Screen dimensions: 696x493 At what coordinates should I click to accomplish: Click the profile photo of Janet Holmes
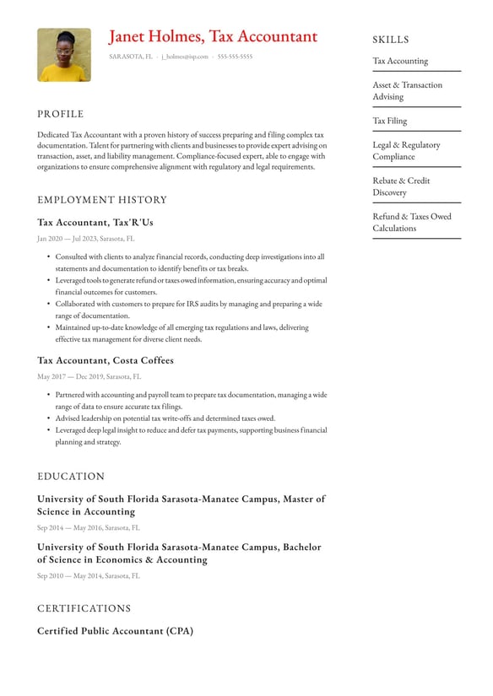[x=64, y=55]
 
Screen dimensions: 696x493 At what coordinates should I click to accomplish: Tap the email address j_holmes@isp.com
[x=184, y=57]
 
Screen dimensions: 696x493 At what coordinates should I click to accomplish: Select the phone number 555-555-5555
[x=235, y=57]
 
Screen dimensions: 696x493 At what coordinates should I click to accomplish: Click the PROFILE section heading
[x=61, y=114]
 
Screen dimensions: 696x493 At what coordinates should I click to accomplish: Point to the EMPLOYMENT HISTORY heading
[x=102, y=200]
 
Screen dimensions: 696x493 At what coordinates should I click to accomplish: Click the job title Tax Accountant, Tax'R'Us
[x=95, y=223]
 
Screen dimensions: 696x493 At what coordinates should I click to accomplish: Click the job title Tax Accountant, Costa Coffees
[x=106, y=360]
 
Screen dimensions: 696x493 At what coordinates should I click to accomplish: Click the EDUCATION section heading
[x=71, y=477]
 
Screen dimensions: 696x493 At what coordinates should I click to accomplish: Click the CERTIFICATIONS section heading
[x=84, y=608]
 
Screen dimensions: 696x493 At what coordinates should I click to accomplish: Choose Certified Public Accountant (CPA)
[x=115, y=631]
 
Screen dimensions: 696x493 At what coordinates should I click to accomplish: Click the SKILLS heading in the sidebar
[x=391, y=40]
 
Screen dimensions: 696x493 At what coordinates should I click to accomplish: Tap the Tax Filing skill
[x=390, y=121]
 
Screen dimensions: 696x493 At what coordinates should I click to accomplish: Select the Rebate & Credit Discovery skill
[x=401, y=186]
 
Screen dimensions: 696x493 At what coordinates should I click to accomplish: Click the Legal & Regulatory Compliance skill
[x=406, y=150]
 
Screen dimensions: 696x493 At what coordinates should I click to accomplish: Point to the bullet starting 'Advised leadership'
[x=165, y=418]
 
